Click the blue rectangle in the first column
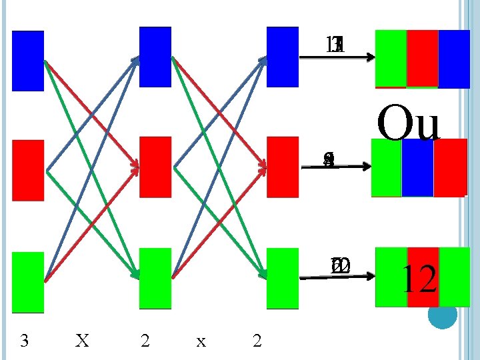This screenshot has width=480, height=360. [x=28, y=60]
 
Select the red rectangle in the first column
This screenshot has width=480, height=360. [x=28, y=170]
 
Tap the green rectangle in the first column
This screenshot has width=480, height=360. [x=28, y=281]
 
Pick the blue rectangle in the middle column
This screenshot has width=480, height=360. [x=155, y=57]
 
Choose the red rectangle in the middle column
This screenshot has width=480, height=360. [x=155, y=167]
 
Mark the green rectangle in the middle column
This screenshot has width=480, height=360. [x=155, y=278]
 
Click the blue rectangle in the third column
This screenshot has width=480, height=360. [x=283, y=57]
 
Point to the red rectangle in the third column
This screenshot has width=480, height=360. [x=283, y=167]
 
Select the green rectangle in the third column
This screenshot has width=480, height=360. [x=283, y=278]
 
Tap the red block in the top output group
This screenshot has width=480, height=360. [x=422, y=59]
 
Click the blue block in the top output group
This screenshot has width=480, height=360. [x=454, y=59]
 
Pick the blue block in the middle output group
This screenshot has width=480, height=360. [x=417, y=168]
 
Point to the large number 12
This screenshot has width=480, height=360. [x=419, y=280]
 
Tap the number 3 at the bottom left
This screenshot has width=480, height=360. [x=25, y=341]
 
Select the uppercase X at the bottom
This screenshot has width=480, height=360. [x=82, y=341]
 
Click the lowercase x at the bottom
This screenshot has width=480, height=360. [x=201, y=342]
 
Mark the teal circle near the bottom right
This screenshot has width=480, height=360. [x=442, y=314]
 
